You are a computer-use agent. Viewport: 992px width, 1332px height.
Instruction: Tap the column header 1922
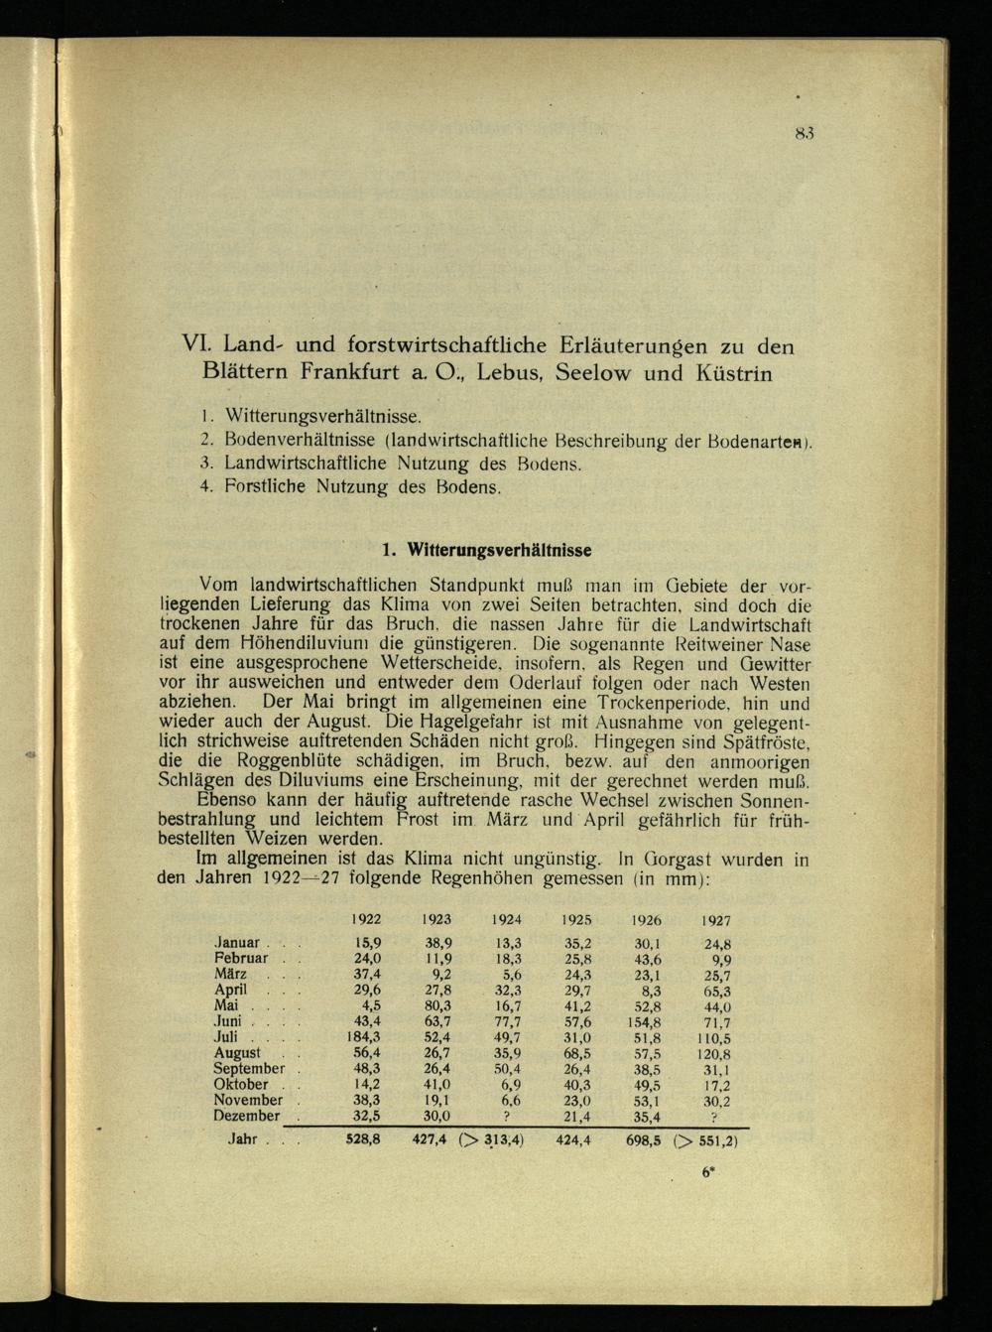(x=366, y=920)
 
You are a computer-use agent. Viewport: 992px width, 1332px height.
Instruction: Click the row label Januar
(x=237, y=943)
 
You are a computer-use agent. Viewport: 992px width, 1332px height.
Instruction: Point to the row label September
(x=249, y=1069)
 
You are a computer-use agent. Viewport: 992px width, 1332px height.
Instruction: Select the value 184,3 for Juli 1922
(x=364, y=1037)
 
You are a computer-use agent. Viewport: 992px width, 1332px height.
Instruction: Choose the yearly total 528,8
(x=363, y=1140)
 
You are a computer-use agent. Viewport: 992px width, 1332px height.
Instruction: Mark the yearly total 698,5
(x=645, y=1140)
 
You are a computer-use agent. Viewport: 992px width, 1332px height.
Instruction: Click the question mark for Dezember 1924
(x=506, y=1117)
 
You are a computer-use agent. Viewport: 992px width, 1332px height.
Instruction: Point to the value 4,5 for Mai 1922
(x=372, y=1006)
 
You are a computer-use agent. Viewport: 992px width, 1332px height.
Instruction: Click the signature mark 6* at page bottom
(x=708, y=1171)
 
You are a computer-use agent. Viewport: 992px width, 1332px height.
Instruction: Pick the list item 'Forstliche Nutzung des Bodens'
(x=362, y=487)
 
